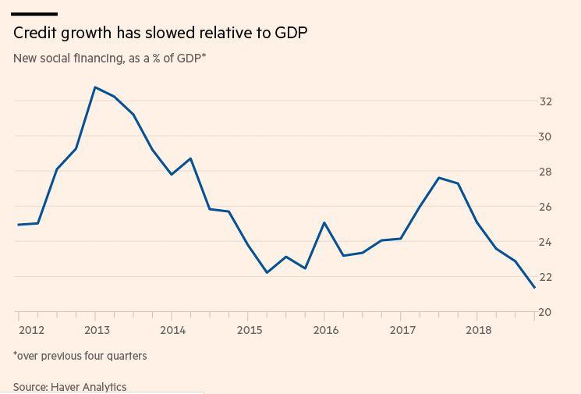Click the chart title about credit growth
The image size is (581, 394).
[160, 33]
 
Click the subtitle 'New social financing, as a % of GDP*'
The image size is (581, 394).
[109, 58]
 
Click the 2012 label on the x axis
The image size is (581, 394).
[31, 330]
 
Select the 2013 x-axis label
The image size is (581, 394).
[97, 330]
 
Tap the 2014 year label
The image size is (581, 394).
[173, 330]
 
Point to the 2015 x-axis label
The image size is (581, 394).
[250, 330]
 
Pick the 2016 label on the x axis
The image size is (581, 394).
[326, 330]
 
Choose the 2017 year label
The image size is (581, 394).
[402, 330]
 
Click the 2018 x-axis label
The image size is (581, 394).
[479, 330]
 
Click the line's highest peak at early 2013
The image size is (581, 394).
[95, 87]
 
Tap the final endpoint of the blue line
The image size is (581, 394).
[534, 288]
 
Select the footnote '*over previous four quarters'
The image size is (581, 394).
[80, 356]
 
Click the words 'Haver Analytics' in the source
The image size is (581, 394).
[88, 387]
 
